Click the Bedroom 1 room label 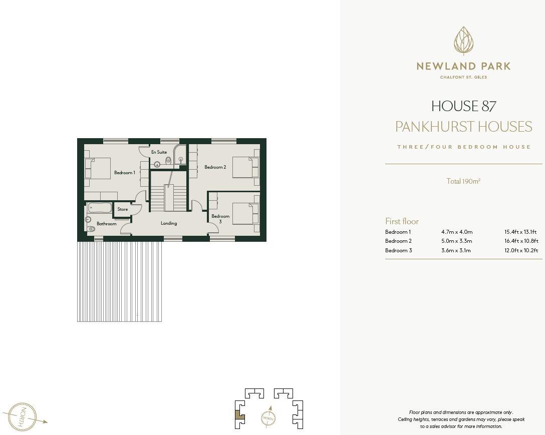tap(124, 173)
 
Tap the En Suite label tap(159, 152)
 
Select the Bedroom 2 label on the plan tap(215, 167)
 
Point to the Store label tap(122, 209)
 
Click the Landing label tap(169, 223)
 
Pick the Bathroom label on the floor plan tap(106, 224)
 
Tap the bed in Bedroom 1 tap(98, 168)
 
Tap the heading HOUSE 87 tap(463, 106)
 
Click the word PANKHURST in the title tap(434, 127)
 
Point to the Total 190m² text tap(463, 181)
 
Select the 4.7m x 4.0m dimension tap(457, 232)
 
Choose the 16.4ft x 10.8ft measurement tap(521, 241)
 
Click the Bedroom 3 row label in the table tap(398, 250)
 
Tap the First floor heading tap(402, 221)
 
